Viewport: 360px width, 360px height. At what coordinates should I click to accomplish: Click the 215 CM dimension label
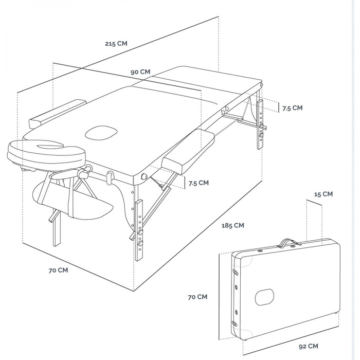point(116,43)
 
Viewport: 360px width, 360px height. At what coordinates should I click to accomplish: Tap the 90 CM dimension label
point(140,72)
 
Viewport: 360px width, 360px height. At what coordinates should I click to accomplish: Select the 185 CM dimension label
point(232,225)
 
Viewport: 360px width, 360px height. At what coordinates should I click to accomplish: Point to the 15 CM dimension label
point(323,194)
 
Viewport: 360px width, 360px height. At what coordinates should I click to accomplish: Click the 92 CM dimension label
point(309,346)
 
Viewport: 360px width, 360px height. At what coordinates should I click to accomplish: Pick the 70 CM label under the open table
point(58,270)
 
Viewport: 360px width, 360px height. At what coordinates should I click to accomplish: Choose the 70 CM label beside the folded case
point(197,297)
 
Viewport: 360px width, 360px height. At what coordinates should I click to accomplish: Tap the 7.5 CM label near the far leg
point(292,108)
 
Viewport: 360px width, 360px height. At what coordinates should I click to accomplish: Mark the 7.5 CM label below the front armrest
point(199,183)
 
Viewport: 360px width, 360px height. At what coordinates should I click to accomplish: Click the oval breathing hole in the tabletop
point(101,133)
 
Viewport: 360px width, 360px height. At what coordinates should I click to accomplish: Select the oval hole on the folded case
point(264,297)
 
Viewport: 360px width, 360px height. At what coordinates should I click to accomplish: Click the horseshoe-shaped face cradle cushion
point(47,152)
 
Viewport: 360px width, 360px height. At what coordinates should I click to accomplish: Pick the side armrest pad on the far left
point(58,114)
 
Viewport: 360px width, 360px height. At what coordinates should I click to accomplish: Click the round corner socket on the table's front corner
point(145,177)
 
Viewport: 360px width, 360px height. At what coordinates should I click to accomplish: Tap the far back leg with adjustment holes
point(260,124)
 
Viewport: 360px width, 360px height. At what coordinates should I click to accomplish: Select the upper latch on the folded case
point(236,272)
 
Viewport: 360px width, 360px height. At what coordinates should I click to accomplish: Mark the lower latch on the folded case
point(234,323)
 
